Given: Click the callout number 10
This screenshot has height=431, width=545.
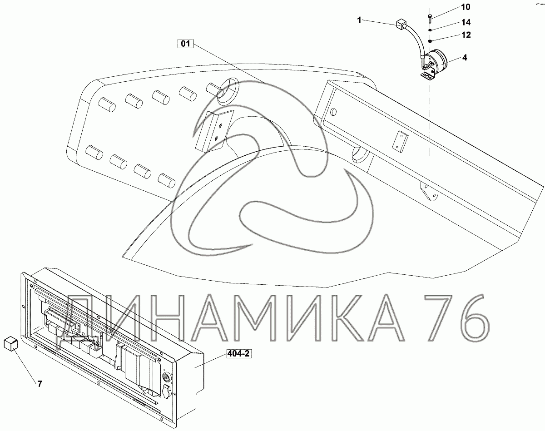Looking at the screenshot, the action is point(466,7).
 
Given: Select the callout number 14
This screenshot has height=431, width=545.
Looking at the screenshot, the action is point(466,22).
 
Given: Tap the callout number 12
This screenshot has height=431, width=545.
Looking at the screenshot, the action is point(466,35).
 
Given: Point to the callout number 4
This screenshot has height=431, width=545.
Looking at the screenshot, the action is point(465,58).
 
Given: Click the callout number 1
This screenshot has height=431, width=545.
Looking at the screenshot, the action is point(359,20).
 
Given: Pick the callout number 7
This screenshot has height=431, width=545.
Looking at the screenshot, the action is point(40,384).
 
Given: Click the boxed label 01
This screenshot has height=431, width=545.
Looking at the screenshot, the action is point(185,44).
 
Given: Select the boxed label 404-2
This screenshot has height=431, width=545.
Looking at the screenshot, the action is point(238,353).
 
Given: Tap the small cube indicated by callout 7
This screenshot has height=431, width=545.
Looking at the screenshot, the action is point(10,344).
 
